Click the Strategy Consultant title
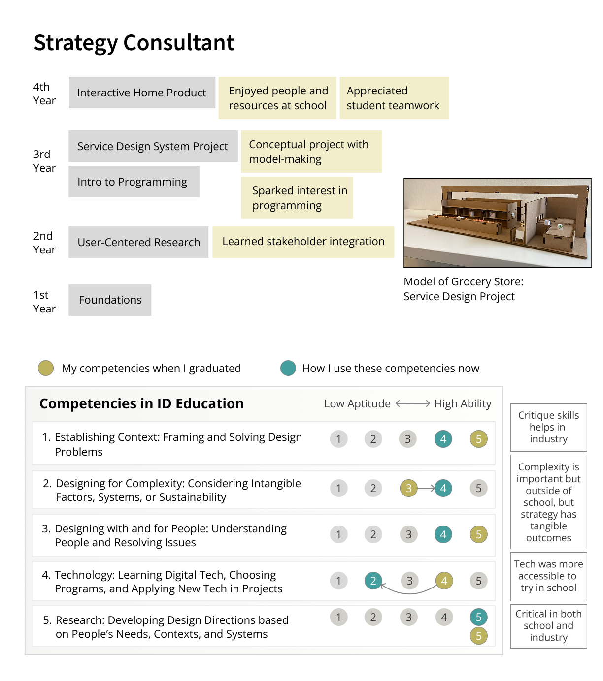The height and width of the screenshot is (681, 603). pyautogui.click(x=134, y=43)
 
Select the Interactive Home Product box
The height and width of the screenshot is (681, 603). pyautogui.click(x=142, y=93)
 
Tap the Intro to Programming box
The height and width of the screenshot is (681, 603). pyautogui.click(x=134, y=182)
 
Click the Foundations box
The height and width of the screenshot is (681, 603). pyautogui.click(x=110, y=300)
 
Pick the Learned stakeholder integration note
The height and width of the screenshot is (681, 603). pyautogui.click(x=303, y=242)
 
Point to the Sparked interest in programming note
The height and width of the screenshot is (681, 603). pyautogui.click(x=297, y=198)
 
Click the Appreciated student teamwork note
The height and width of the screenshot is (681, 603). pyautogui.click(x=394, y=98)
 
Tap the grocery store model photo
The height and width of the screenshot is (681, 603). pyautogui.click(x=497, y=223)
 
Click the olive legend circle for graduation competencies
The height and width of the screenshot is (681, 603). pyautogui.click(x=46, y=368)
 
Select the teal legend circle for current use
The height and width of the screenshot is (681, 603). pyautogui.click(x=288, y=368)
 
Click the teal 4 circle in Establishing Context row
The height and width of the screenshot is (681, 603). pyautogui.click(x=443, y=439)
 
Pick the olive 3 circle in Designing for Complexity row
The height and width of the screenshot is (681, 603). pyautogui.click(x=408, y=488)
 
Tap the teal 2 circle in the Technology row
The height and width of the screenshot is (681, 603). pyautogui.click(x=373, y=581)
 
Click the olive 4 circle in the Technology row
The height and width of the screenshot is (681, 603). pyautogui.click(x=444, y=581)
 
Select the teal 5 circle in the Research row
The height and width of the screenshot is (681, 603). pyautogui.click(x=478, y=617)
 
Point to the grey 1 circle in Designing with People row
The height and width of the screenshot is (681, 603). pyautogui.click(x=338, y=534)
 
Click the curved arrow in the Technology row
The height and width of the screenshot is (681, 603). pyautogui.click(x=409, y=592)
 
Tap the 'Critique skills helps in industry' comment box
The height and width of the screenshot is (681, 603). pyautogui.click(x=548, y=427)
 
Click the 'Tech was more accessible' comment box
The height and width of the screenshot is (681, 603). pyautogui.click(x=548, y=576)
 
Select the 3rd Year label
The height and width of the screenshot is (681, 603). pyautogui.click(x=44, y=161)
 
